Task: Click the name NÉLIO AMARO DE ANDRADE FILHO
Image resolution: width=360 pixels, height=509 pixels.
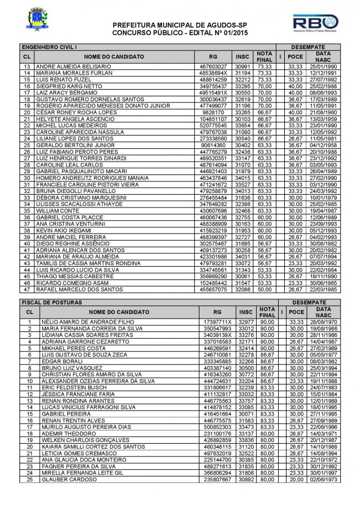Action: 76,321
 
